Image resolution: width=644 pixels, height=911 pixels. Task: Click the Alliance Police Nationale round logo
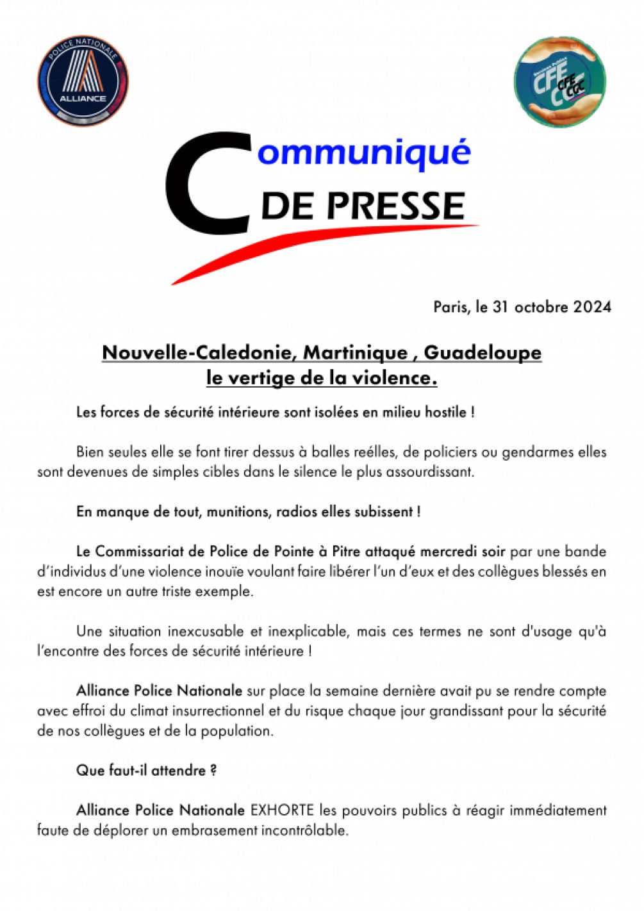pos(83,81)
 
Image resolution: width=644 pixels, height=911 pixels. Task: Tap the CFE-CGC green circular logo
pos(559,81)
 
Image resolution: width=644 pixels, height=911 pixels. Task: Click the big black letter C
pos(207,185)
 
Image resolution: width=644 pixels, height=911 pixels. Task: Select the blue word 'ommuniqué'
pos(363,152)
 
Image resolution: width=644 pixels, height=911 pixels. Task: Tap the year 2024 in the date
pos(592,307)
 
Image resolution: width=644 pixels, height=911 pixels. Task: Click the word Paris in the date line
pos(451,307)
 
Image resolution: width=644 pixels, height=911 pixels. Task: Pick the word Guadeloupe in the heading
pos(483,352)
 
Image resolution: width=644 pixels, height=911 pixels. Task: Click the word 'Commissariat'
pos(150,552)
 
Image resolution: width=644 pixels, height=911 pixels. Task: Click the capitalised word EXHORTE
pos(282,810)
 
